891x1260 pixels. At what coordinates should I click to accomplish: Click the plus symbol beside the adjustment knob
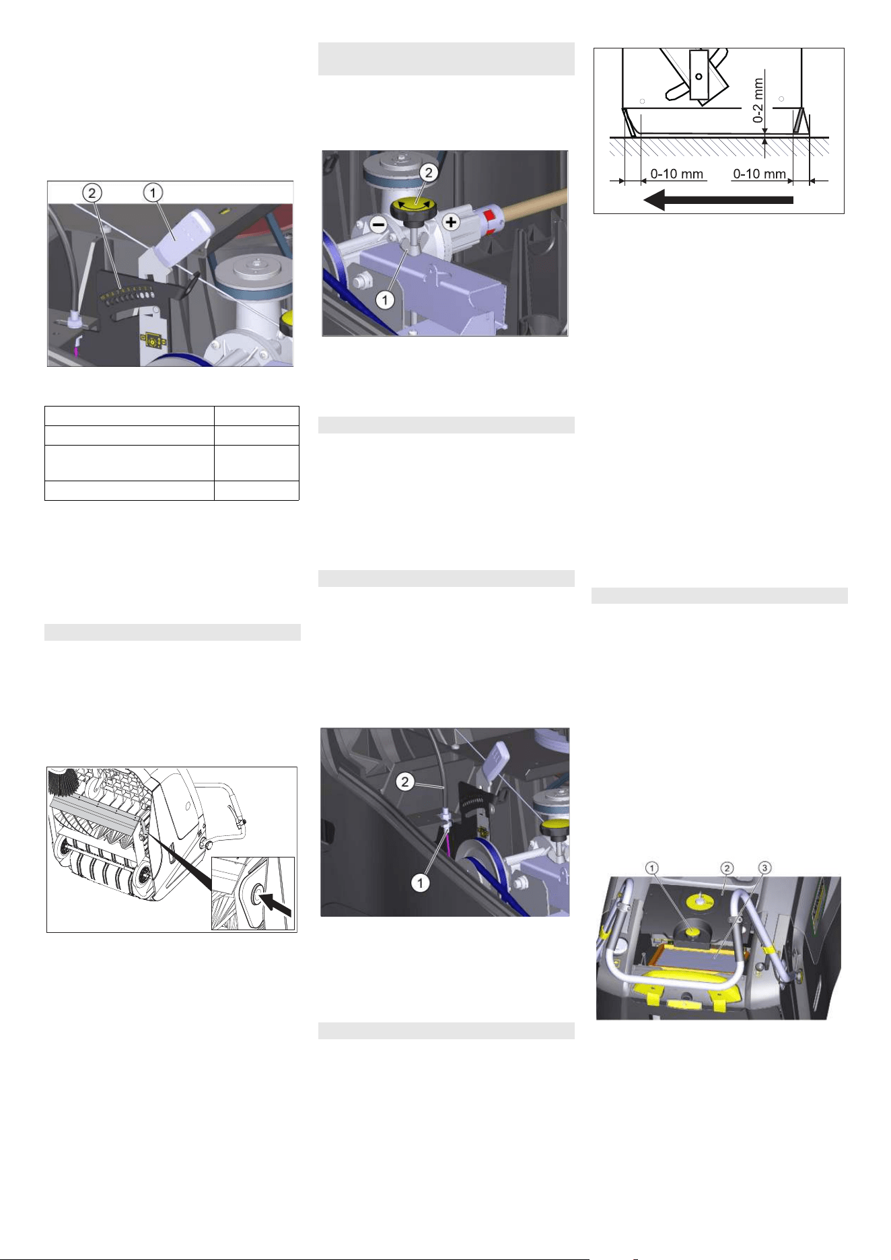click(451, 221)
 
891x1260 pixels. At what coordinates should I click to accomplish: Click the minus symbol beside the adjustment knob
click(380, 225)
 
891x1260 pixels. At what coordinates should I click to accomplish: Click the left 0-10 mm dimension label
click(676, 174)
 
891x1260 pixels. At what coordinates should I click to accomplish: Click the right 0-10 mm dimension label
click(759, 174)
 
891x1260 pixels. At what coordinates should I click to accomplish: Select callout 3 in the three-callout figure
click(764, 868)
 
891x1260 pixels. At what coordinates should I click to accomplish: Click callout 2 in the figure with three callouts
click(727, 868)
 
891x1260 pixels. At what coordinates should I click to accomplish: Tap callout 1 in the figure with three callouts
click(652, 868)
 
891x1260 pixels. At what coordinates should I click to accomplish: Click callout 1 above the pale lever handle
click(153, 193)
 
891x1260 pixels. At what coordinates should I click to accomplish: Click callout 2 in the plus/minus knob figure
click(428, 173)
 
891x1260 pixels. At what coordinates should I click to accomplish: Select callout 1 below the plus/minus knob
click(385, 300)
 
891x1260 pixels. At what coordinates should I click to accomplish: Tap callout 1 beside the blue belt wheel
click(420, 882)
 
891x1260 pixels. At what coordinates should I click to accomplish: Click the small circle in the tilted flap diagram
click(699, 77)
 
